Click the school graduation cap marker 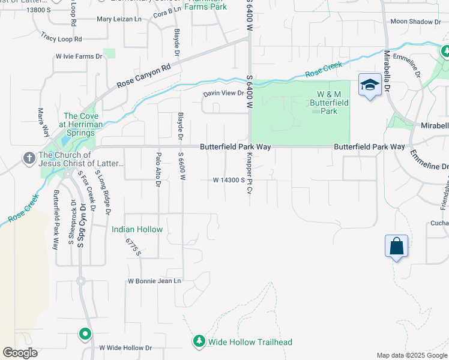(x=370, y=85)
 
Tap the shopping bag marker (x=396, y=246)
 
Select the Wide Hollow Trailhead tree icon (x=199, y=341)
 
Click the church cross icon (x=28, y=159)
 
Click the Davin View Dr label (x=223, y=93)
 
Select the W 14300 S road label (x=229, y=180)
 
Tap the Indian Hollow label (x=137, y=229)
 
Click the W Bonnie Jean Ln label (x=154, y=281)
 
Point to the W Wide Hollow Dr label (x=125, y=347)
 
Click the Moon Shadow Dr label (x=415, y=22)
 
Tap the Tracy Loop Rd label (x=61, y=38)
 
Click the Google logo (x=20, y=353)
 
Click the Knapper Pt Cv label (x=248, y=173)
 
